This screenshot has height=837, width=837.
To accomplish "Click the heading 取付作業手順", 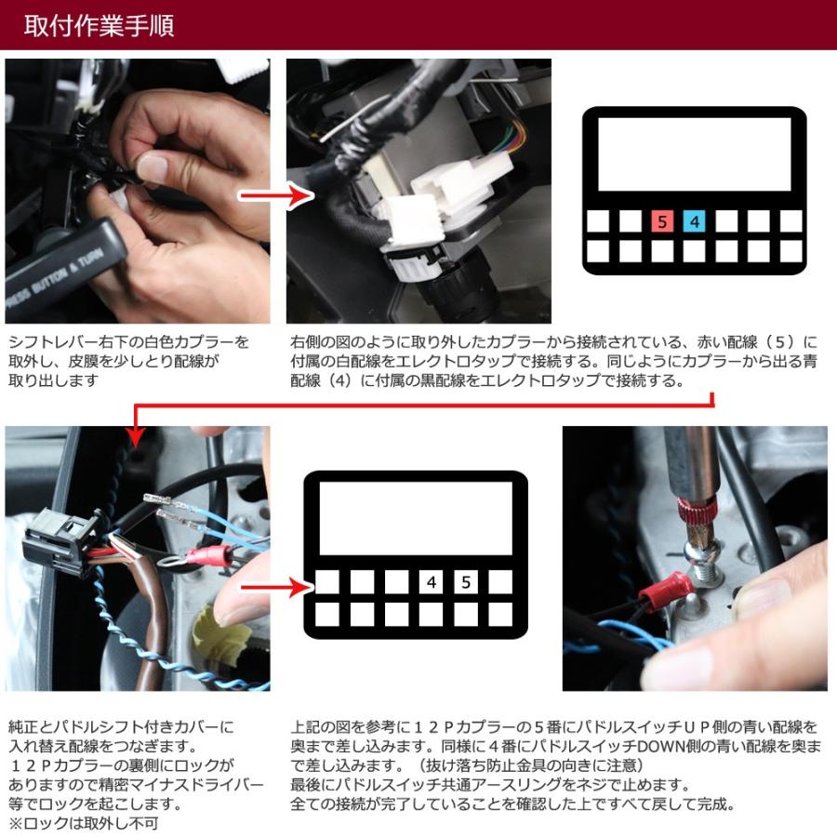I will click(x=99, y=25).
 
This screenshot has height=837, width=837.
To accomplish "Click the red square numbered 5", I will click(x=661, y=221).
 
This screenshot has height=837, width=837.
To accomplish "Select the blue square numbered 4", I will click(x=694, y=221).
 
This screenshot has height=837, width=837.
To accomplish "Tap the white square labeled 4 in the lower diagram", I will click(x=431, y=582).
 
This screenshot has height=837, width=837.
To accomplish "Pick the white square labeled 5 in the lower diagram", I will click(x=465, y=582).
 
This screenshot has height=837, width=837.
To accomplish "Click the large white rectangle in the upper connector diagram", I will click(x=693, y=155).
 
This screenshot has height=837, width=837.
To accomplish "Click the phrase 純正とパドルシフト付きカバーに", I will click(x=121, y=725).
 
